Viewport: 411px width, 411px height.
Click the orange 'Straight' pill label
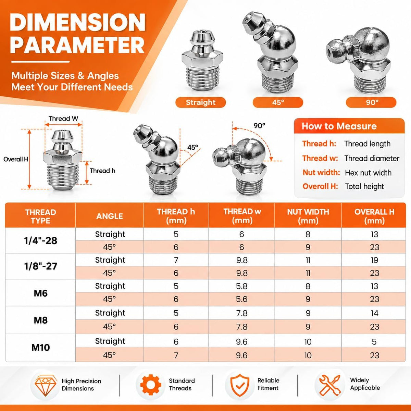click(x=200, y=102)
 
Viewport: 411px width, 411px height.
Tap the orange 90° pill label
click(x=371, y=102)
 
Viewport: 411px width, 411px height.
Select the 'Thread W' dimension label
click(x=63, y=119)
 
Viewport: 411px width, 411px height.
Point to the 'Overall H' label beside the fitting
click(x=16, y=159)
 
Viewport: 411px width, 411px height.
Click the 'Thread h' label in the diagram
click(x=102, y=171)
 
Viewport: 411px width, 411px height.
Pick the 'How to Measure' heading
click(x=339, y=126)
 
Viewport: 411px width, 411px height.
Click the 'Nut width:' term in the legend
click(x=321, y=172)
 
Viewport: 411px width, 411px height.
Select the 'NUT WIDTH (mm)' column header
click(x=308, y=216)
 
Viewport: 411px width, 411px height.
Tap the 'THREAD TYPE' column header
click(x=40, y=216)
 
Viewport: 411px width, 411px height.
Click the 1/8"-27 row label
click(x=40, y=266)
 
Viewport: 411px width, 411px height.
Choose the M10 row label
click(x=40, y=347)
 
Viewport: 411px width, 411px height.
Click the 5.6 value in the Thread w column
click(x=242, y=299)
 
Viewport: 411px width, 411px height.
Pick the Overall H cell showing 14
click(x=374, y=313)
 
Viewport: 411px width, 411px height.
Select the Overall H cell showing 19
click(x=374, y=260)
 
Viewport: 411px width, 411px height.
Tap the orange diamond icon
click(x=46, y=384)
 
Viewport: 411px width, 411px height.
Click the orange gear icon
click(x=151, y=385)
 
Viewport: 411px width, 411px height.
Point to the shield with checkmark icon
click(x=240, y=385)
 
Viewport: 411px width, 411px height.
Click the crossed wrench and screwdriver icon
click(x=330, y=385)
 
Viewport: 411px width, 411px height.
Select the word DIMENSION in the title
click(x=78, y=23)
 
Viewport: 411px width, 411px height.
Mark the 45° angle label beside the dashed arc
click(x=192, y=147)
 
